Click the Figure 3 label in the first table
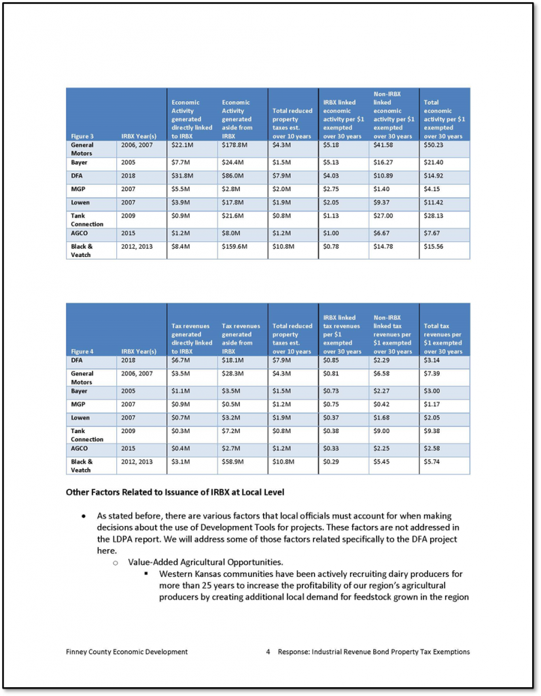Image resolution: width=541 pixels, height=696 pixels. (82, 136)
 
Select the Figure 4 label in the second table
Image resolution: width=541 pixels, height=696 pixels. (82, 351)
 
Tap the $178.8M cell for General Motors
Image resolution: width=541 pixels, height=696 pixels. (236, 145)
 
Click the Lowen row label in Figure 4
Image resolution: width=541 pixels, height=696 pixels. (82, 417)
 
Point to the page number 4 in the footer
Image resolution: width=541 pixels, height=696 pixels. (268, 652)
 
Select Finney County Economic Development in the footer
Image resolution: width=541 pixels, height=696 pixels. (122, 652)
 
